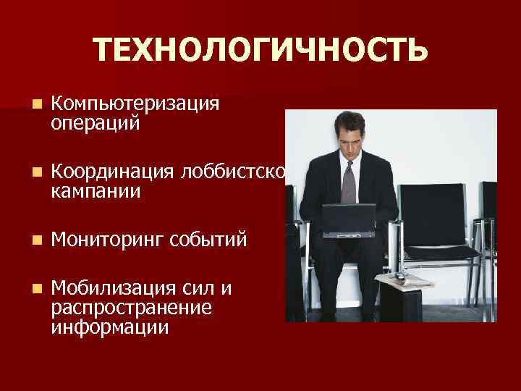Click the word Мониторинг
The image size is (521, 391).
pyautogui.click(x=108, y=239)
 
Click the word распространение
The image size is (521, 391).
pyautogui.click(x=131, y=308)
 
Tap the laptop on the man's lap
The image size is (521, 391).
pyautogui.click(x=349, y=220)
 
